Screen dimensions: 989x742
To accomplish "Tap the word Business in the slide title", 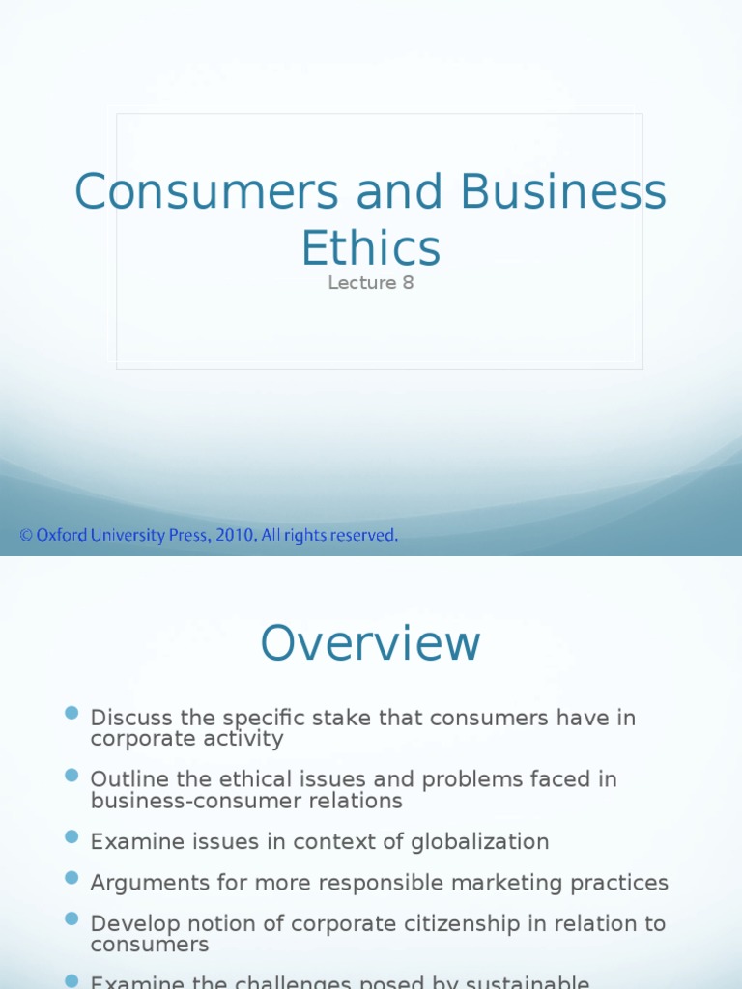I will [563, 192].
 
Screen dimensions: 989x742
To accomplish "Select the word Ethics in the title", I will [370, 248].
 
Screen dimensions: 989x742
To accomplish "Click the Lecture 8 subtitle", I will [370, 283].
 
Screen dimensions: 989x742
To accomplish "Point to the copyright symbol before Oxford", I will [26, 535].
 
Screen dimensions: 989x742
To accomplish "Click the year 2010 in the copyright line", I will [240, 535].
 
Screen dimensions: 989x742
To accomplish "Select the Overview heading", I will [370, 643].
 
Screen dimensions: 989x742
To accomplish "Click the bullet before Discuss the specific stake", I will [71, 714].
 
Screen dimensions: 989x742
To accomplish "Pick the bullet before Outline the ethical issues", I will [71, 775].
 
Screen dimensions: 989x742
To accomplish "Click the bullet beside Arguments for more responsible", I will [71, 878].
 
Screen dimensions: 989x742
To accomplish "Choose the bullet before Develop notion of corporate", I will [71, 919].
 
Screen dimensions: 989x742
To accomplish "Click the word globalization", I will [479, 842].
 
